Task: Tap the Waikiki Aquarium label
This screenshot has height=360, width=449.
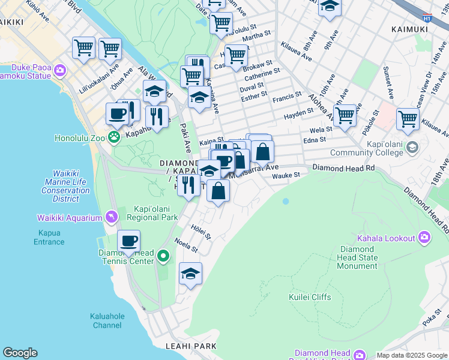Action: (68, 217)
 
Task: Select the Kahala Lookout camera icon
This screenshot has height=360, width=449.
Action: (424, 237)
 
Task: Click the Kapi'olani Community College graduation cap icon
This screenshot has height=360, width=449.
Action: (412, 147)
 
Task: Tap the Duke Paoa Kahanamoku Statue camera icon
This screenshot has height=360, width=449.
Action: (59, 71)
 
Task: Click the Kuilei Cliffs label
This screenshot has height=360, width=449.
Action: (310, 296)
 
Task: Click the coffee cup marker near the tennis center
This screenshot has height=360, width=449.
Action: (128, 241)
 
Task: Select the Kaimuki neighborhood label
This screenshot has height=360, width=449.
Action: (409, 28)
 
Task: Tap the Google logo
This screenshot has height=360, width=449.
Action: (20, 353)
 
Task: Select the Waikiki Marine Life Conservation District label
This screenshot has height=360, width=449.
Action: (67, 186)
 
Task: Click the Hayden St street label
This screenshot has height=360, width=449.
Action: (298, 112)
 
